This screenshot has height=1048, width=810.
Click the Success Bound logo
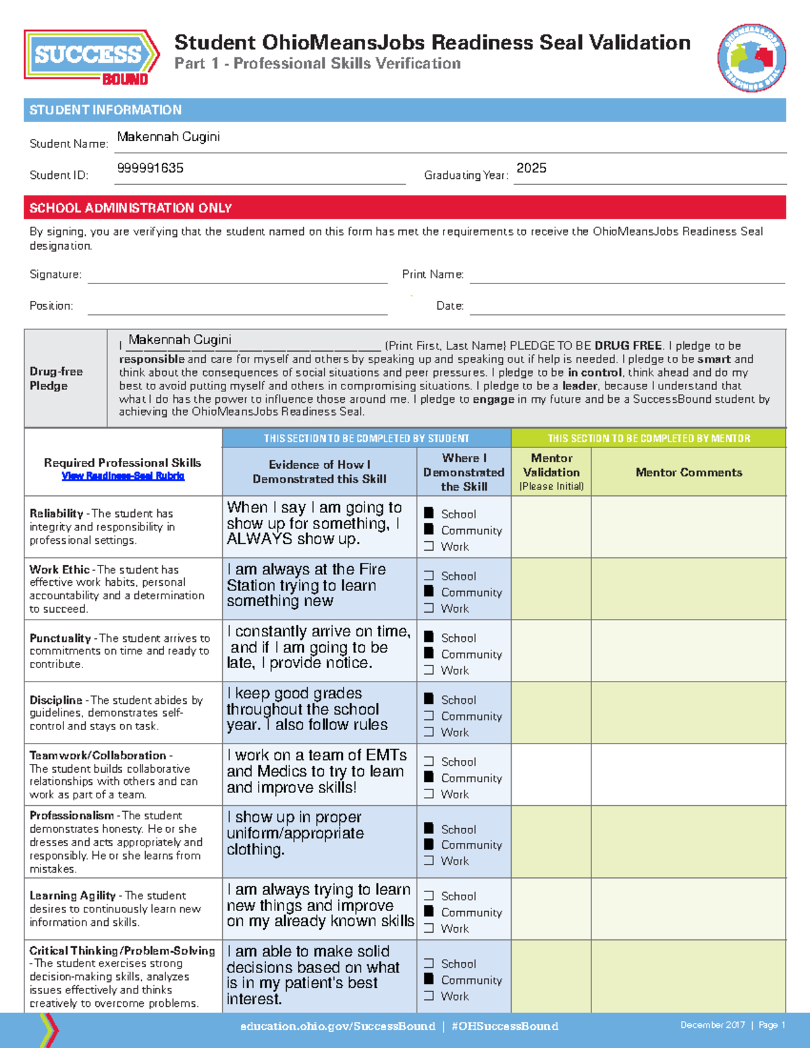pyautogui.click(x=91, y=57)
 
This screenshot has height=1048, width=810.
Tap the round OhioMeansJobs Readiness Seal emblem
pyautogui.click(x=751, y=58)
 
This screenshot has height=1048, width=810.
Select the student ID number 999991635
pyautogui.click(x=150, y=168)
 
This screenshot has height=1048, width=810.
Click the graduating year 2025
pyautogui.click(x=531, y=168)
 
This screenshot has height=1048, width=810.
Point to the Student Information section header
pyautogui.click(x=105, y=110)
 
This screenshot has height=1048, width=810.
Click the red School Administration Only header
pyautogui.click(x=130, y=208)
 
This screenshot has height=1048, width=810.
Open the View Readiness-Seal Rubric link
pyautogui.click(x=123, y=476)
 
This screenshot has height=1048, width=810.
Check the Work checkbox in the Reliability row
pyautogui.click(x=429, y=547)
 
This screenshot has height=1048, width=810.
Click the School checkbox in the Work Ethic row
pyautogui.click(x=429, y=576)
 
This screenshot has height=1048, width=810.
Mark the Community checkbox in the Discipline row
pyautogui.click(x=429, y=715)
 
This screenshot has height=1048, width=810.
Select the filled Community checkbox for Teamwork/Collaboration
pyautogui.click(x=429, y=777)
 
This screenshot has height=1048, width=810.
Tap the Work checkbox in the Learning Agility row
pyautogui.click(x=429, y=929)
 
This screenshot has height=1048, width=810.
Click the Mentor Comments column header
pyautogui.click(x=688, y=472)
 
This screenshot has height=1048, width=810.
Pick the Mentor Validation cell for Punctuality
pyautogui.click(x=551, y=651)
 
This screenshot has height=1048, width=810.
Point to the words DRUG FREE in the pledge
pyautogui.click(x=628, y=346)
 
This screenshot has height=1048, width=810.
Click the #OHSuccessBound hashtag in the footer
pyautogui.click(x=504, y=1026)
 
